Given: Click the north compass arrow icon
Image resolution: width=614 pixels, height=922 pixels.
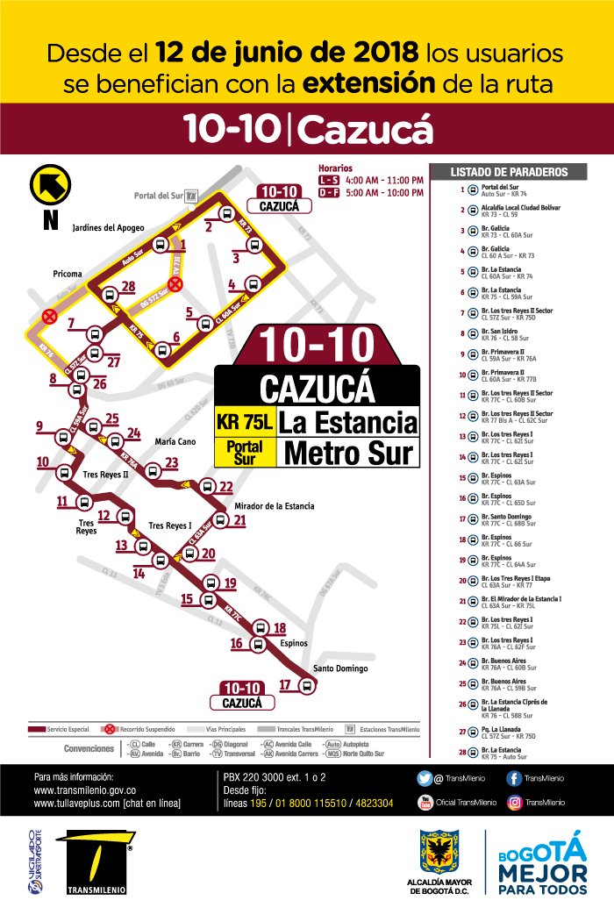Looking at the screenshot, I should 50,185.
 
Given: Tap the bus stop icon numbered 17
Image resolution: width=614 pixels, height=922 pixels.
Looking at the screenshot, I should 307,686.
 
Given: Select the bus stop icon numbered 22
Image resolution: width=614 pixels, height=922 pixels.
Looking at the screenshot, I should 208,487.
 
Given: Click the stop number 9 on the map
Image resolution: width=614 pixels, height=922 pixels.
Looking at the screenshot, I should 39,427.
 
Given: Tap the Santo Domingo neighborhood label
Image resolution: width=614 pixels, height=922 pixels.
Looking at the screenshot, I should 340,668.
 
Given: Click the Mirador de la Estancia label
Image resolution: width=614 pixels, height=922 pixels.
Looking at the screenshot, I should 275,506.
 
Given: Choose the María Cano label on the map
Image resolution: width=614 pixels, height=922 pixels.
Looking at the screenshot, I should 175,441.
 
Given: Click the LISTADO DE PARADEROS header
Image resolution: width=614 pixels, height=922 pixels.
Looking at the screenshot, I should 509,173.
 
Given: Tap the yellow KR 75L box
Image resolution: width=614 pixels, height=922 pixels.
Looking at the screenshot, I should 245,422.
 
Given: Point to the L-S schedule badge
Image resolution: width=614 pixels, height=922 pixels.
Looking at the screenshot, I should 328,180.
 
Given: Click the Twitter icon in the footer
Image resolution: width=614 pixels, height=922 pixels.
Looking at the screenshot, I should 424,778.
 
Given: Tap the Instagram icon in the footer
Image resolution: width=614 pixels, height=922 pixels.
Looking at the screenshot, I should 515,802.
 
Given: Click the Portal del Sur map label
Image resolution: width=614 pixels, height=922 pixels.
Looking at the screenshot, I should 159,196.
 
